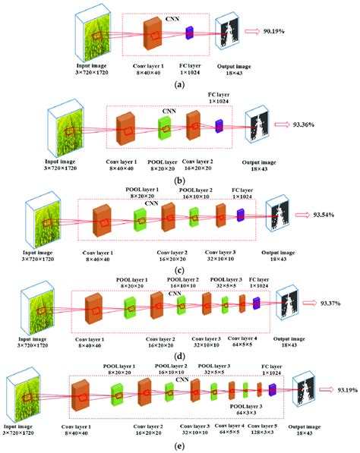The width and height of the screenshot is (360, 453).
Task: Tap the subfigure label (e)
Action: click(x=180, y=445)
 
